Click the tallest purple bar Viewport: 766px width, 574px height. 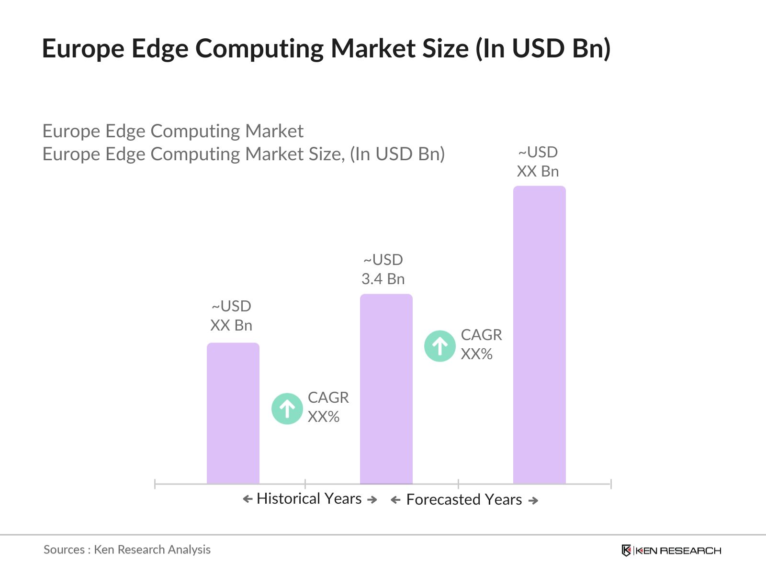(539, 335)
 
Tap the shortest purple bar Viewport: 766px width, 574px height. (233, 413)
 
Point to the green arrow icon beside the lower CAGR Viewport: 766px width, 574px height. (287, 408)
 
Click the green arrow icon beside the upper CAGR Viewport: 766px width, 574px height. (439, 345)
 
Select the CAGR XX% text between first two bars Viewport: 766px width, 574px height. (328, 407)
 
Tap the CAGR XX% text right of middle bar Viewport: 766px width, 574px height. (481, 344)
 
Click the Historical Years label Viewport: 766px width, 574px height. (309, 499)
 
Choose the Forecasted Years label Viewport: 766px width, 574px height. (463, 500)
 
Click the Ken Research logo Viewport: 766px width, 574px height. (671, 551)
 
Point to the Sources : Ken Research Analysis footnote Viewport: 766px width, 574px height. (127, 550)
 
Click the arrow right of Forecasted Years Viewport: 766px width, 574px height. (533, 501)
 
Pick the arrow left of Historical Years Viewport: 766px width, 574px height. (248, 499)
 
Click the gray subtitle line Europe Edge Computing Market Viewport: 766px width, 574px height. (173, 131)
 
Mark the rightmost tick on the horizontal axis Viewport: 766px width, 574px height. (611, 484)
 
